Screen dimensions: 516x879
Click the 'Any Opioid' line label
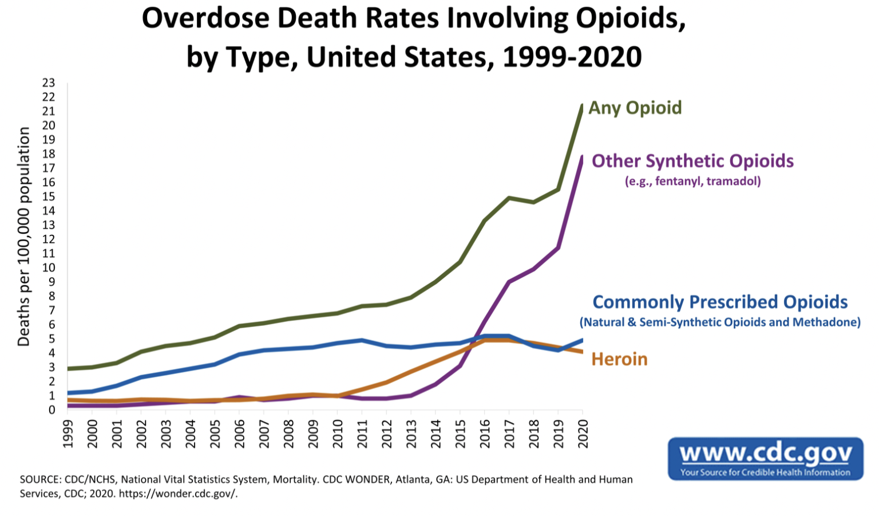pyautogui.click(x=635, y=108)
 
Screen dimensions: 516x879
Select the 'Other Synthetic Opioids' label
pyautogui.click(x=692, y=161)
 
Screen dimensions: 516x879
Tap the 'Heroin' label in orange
pyautogui.click(x=619, y=359)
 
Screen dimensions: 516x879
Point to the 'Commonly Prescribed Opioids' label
pyautogui.click(x=720, y=302)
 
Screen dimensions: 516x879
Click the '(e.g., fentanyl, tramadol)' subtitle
pyautogui.click(x=692, y=182)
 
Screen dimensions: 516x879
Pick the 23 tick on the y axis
pyautogui.click(x=49, y=83)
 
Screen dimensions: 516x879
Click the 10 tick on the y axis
pyautogui.click(x=49, y=267)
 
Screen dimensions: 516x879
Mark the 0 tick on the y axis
pyautogui.click(x=52, y=410)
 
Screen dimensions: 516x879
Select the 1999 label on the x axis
pyautogui.click(x=68, y=434)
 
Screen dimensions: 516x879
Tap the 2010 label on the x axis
pyautogui.click(x=338, y=434)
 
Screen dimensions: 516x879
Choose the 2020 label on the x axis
pyautogui.click(x=583, y=434)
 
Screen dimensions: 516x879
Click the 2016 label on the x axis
pyautogui.click(x=485, y=434)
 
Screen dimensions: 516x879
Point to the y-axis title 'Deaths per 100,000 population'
pyautogui.click(x=23, y=237)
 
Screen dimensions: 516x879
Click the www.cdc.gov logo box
pyautogui.click(x=765, y=459)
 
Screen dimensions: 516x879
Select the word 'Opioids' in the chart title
pyautogui.click(x=630, y=18)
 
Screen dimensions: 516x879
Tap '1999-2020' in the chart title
pyautogui.click(x=572, y=57)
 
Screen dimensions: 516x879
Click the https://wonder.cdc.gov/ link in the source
pyautogui.click(x=178, y=494)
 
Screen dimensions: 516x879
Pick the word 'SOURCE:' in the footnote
pyautogui.click(x=41, y=479)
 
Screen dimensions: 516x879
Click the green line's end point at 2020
pyautogui.click(x=583, y=105)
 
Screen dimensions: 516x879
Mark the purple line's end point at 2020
pyautogui.click(x=583, y=156)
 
